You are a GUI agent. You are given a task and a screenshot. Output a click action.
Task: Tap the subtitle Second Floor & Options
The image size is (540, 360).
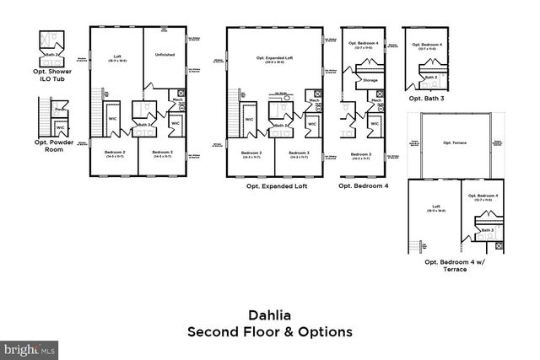tap(269, 331)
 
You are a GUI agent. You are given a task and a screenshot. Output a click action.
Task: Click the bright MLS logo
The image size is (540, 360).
tap(30, 347)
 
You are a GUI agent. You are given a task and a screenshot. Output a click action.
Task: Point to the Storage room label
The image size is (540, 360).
tap(370, 80)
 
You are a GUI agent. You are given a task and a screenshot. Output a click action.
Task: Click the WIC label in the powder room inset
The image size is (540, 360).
tap(60, 127)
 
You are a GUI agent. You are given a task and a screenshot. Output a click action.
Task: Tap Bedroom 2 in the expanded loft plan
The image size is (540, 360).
tap(250, 153)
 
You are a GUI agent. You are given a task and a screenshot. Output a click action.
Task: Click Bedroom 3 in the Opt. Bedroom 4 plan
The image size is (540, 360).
tap(361, 153)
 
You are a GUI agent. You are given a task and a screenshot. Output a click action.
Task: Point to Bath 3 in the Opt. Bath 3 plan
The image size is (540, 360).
tap(430, 77)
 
